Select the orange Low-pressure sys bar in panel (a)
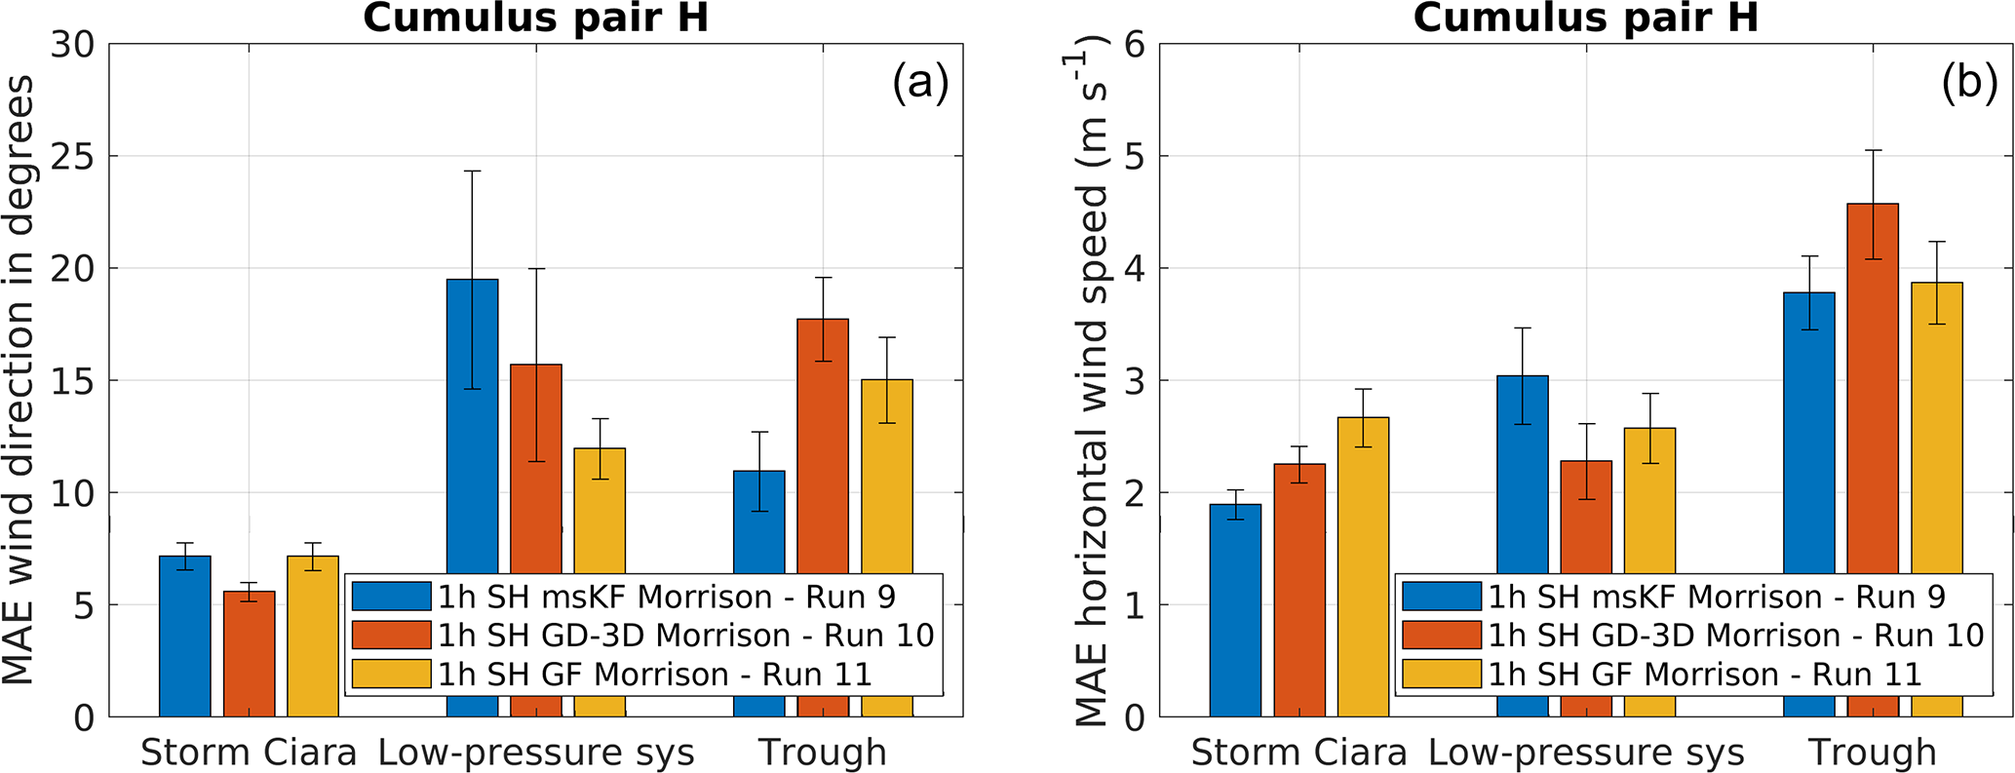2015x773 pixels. (536, 468)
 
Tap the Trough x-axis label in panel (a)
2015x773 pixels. (823, 753)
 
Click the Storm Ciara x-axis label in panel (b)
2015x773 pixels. (1298, 753)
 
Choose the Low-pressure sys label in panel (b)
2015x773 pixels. (1586, 753)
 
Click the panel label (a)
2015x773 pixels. (920, 86)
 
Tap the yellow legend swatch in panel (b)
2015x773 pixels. (1442, 675)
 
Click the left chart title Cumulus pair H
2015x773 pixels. (535, 18)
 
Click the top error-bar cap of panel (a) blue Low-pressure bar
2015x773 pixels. (472, 172)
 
